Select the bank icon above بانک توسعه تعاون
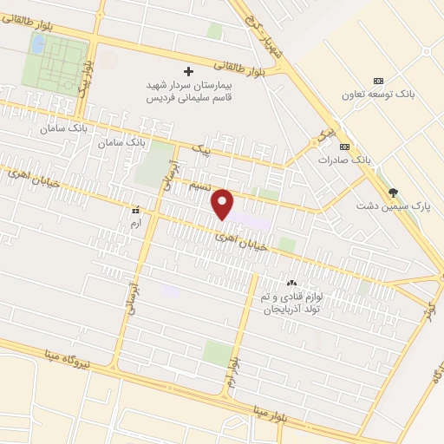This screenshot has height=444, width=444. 377,81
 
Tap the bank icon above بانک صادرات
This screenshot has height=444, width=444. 344,147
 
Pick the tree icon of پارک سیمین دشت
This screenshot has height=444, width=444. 394,193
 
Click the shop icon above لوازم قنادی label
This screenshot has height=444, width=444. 291,283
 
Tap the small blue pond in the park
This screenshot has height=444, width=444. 39,42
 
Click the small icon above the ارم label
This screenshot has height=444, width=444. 134,211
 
